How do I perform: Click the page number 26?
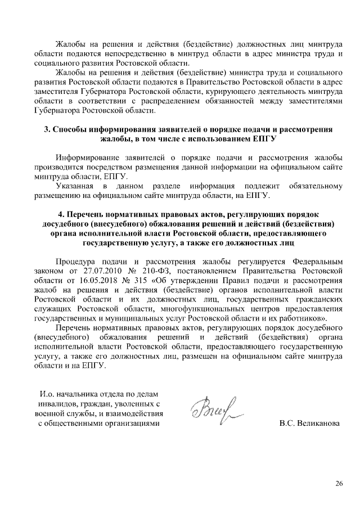(339, 484)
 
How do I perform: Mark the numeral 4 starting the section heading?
(61, 215)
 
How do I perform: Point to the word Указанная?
(75, 186)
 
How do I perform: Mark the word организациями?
(130, 423)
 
